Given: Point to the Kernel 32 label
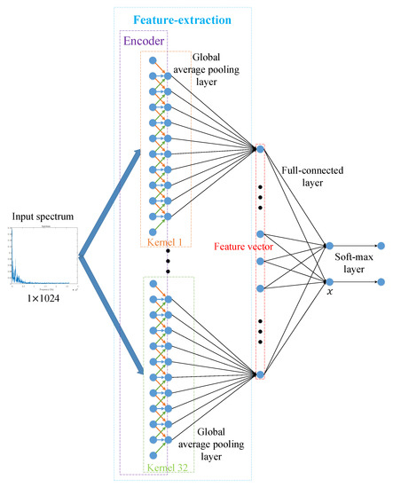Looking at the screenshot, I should pos(165,466).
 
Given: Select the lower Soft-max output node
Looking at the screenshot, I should pos(381,282).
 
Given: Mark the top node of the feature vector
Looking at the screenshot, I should pos(260,148).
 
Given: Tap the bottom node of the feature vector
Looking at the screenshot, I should pos(260,374).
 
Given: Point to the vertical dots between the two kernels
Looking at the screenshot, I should pos(165,260).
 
